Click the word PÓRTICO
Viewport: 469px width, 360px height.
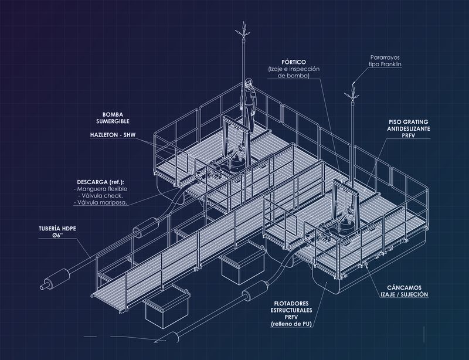coord(294,62)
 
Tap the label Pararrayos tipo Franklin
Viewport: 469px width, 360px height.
coord(385,61)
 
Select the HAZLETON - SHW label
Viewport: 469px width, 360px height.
coord(113,135)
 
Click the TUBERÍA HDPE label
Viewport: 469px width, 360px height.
coord(57,229)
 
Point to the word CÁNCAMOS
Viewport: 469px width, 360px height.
coord(404,287)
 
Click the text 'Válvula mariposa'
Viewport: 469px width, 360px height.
coord(102,203)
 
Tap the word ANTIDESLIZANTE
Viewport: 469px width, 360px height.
coord(409,128)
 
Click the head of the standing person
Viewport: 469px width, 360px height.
coord(248,82)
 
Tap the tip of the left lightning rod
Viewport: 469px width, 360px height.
coord(244,22)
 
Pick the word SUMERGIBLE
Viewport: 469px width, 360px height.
coord(113,121)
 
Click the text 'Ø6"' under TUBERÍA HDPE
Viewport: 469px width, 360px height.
coord(57,236)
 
